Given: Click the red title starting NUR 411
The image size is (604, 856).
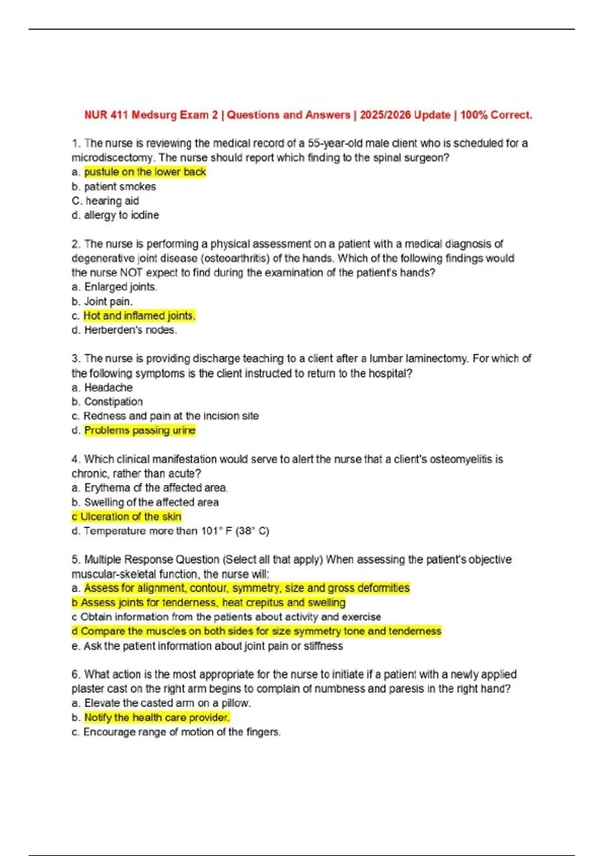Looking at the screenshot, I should (x=308, y=115).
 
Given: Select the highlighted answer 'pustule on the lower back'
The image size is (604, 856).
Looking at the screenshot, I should (x=145, y=172).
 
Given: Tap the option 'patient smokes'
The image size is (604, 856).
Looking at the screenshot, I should (x=120, y=186).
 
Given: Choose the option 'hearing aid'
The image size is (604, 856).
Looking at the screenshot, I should (x=112, y=200).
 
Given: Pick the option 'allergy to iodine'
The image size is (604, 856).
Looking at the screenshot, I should (x=121, y=215).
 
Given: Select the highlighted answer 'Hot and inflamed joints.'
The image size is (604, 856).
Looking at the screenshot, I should (x=139, y=316).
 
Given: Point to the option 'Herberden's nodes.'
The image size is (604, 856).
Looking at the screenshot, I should (x=130, y=330).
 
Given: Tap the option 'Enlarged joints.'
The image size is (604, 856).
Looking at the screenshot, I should (x=120, y=287).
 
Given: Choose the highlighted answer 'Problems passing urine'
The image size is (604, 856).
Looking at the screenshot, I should (x=139, y=431).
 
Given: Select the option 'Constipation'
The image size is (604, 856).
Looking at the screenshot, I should (x=113, y=402).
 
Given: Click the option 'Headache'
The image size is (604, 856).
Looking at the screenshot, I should (x=108, y=388).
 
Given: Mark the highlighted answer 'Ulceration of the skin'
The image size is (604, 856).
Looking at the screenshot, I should (x=130, y=517).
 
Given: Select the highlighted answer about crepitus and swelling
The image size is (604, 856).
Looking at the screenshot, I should (x=213, y=603).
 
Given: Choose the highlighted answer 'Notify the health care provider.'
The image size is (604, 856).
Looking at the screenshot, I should (x=157, y=718).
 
